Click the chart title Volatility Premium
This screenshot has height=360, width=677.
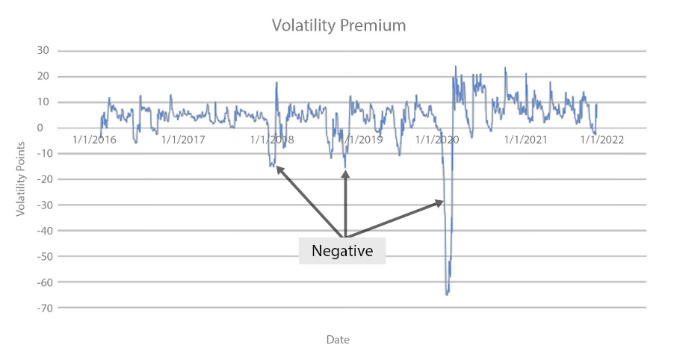tap(338, 25)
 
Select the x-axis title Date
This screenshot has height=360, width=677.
tap(338, 340)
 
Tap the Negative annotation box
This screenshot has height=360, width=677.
tap(342, 251)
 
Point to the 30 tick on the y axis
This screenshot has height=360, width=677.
tap(42, 51)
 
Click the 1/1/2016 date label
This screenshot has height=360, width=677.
tap(95, 140)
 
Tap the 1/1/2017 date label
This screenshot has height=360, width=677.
tap(183, 140)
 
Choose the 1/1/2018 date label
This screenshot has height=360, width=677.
tap(272, 140)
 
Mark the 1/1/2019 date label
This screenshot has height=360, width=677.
tap(360, 140)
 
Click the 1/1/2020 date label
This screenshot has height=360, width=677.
tap(436, 140)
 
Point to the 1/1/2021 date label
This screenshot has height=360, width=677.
tap(525, 140)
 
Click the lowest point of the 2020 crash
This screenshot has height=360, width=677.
tap(447, 294)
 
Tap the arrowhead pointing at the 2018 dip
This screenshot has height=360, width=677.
tap(278, 167)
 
